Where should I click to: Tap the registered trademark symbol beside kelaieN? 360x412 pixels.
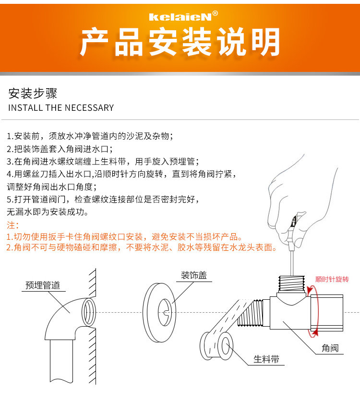coord(215,13)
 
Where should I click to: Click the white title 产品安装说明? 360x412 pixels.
coord(180,42)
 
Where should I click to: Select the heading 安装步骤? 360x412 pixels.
coord(33,94)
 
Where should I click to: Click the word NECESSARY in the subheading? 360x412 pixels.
coord(89,108)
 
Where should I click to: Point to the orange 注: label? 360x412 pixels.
coord(12,225)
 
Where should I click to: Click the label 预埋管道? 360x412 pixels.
coord(43,285)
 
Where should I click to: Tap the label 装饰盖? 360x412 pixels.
coord(194,275)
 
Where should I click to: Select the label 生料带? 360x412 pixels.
coord(266,359)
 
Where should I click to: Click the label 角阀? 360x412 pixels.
coord(330,348)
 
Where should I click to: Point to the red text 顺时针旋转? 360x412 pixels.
coord(332,279)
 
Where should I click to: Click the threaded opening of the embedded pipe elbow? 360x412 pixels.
coord(88,312)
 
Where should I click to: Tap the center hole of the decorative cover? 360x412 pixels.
coord(165,312)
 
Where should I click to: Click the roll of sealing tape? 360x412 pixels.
coord(216,346)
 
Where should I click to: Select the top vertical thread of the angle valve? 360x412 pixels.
coord(291,283)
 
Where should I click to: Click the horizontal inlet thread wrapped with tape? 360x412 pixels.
coord(251,313)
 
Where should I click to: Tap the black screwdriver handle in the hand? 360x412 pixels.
coord(293,222)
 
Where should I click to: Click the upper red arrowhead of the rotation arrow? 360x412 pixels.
coord(310,290)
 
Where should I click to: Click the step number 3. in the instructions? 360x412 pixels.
coord(10,161)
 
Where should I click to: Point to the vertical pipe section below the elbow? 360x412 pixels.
coord(61,361)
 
